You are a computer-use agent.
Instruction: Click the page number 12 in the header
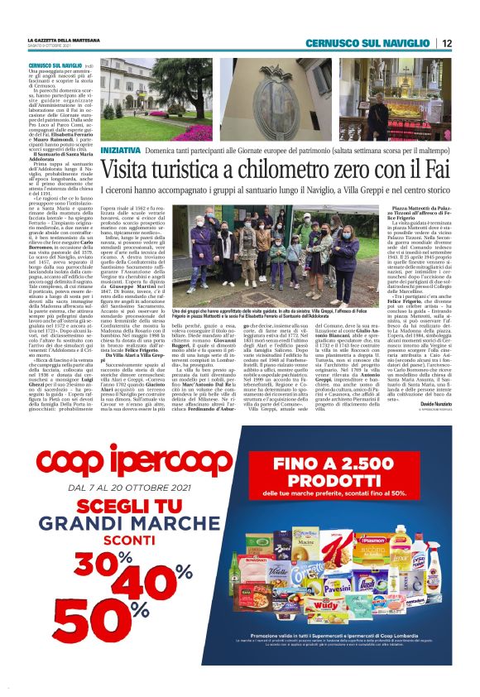tap(447, 43)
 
